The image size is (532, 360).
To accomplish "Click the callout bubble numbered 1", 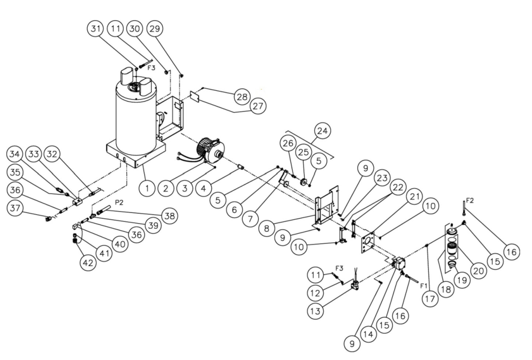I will (x=147, y=188).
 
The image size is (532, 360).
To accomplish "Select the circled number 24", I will (x=323, y=131).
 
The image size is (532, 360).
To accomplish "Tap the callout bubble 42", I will (x=88, y=263).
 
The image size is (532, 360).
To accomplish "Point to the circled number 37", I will (x=15, y=208).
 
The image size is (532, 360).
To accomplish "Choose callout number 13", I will (x=315, y=311).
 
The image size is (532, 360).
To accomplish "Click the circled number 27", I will (x=258, y=106).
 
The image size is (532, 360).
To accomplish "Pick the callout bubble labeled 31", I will (x=96, y=29).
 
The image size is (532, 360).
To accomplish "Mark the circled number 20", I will (x=478, y=271).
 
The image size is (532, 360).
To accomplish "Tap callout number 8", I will (x=266, y=228).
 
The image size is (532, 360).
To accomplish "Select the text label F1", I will (x=424, y=285).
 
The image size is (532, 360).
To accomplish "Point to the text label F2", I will (x=470, y=201).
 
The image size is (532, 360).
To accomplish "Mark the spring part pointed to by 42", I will (x=75, y=242).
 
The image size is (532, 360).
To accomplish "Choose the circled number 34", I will (x=14, y=154).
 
